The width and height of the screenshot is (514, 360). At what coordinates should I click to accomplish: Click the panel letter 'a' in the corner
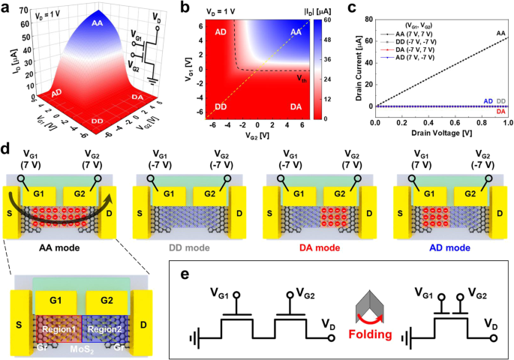(x=7, y=7)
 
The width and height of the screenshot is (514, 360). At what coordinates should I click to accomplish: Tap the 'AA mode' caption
(x=62, y=245)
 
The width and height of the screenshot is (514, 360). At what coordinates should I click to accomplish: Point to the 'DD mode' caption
(x=189, y=245)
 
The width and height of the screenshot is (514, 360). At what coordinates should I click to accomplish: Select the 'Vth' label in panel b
(x=300, y=76)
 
